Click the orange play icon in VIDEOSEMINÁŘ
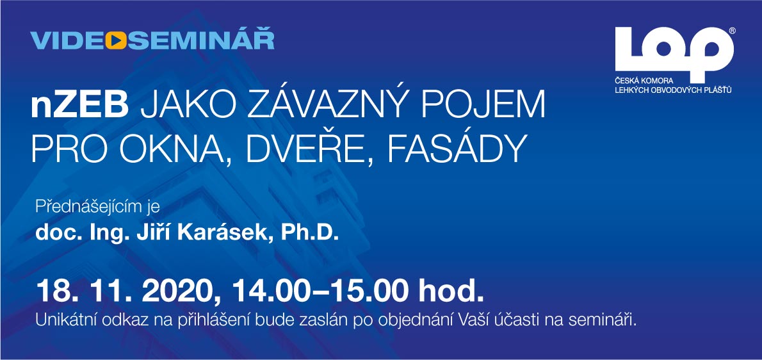pyautogui.click(x=116, y=41)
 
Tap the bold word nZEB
pyautogui.click(x=79, y=107)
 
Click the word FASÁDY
pyautogui.click(x=457, y=148)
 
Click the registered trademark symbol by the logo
pyautogui.click(x=733, y=30)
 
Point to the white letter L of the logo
pyautogui.click(x=628, y=49)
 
